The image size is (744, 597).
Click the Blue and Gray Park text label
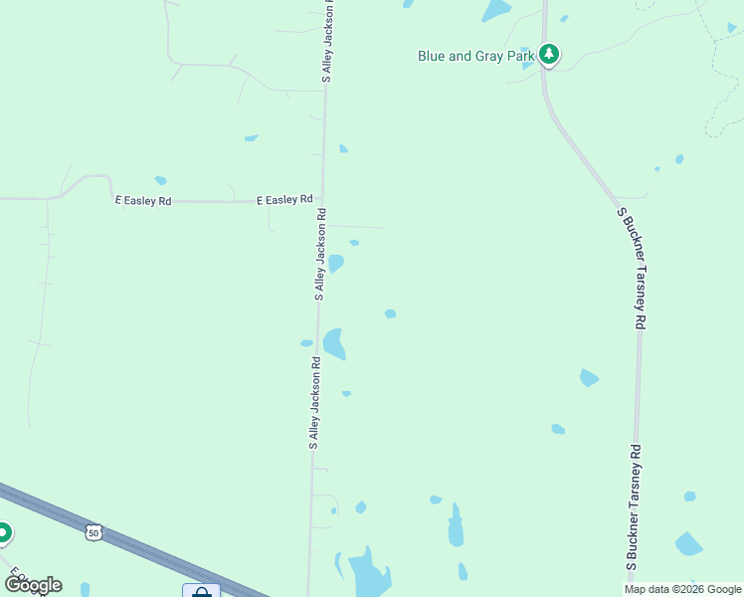[476, 56]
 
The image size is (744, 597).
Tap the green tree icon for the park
[548, 55]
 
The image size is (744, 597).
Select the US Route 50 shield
[93, 533]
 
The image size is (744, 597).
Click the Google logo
[33, 584]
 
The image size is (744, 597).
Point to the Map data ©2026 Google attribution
[682, 589]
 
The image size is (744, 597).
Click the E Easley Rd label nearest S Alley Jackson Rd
[284, 200]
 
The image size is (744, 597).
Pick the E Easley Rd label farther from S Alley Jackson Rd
[143, 201]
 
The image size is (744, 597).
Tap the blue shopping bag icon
[201, 592]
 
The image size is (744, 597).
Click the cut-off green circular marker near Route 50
[3, 534]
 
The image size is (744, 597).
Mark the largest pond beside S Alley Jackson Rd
[334, 343]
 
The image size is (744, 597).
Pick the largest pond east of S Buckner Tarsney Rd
[688, 543]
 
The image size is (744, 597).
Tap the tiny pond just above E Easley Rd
[159, 181]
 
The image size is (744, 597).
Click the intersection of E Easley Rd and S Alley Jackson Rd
[321, 201]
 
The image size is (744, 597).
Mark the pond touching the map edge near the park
[495, 10]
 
